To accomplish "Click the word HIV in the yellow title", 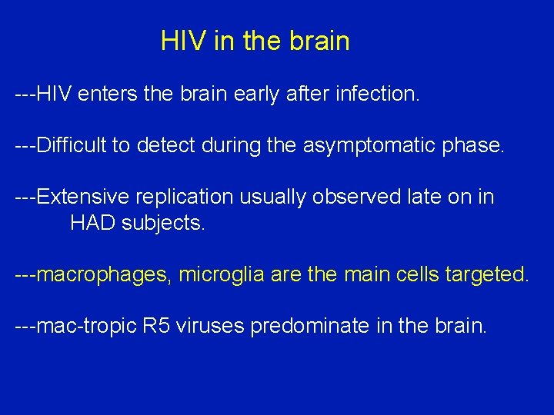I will (x=184, y=41).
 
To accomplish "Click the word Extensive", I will (x=83, y=197).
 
